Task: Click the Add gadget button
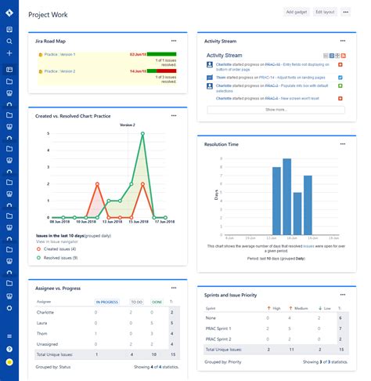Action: click(296, 12)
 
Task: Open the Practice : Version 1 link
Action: click(59, 54)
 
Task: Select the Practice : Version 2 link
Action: click(59, 71)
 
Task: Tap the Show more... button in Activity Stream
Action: click(275, 110)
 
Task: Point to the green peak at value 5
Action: click(142, 133)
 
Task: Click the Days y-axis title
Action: click(216, 194)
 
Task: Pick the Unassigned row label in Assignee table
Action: click(49, 343)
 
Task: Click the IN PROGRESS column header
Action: click(106, 301)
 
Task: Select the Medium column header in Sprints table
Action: click(298, 309)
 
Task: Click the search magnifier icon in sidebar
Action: click(9, 41)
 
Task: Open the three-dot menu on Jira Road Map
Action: click(174, 39)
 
